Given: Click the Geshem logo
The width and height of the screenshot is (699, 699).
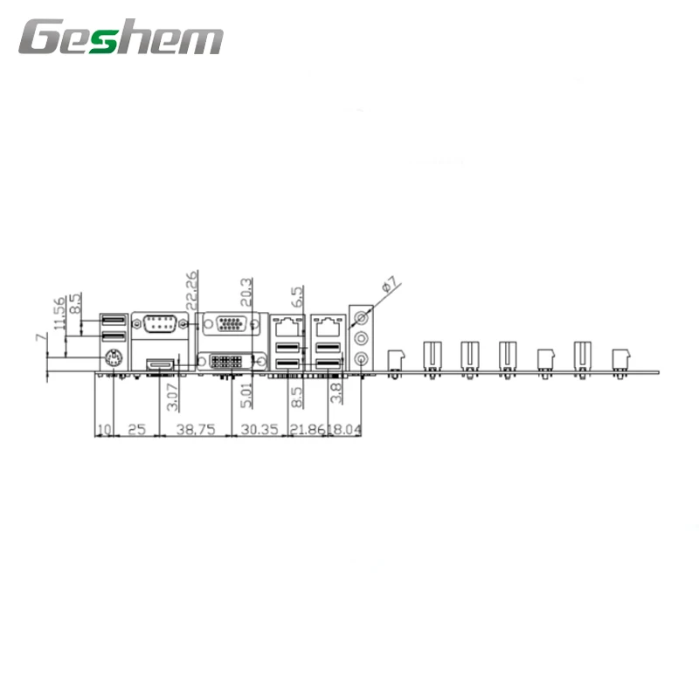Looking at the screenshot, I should (x=121, y=39).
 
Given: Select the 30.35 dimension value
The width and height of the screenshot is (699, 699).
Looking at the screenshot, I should (x=259, y=430).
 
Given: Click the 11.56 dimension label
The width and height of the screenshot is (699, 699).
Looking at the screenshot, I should (x=59, y=315).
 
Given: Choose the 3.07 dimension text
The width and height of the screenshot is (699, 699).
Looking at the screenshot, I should (x=172, y=394).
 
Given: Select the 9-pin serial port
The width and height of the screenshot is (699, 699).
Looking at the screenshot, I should (x=159, y=325).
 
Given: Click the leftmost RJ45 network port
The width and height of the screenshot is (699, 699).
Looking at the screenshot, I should (x=286, y=328).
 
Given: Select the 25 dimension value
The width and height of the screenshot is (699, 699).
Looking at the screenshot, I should (x=136, y=430).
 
